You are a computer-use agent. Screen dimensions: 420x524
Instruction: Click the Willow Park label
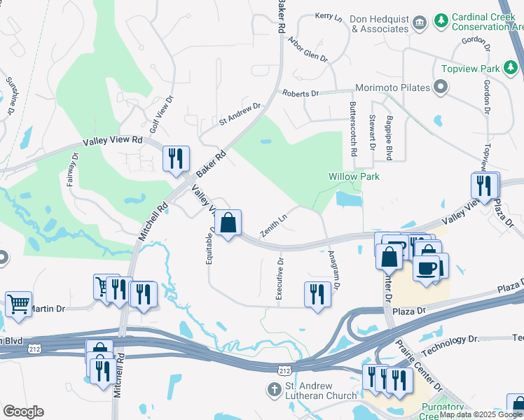point(354,176)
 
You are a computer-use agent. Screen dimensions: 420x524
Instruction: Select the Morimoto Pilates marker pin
point(441,88)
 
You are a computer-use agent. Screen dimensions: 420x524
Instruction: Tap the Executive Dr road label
point(280,280)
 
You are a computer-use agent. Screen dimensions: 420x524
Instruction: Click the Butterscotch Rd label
point(354,128)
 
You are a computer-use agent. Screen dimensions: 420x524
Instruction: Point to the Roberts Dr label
point(300,93)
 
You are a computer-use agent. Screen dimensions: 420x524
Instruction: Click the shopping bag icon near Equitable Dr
point(228,223)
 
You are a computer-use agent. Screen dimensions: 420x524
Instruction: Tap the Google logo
point(23,412)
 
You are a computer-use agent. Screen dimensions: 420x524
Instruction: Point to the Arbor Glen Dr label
point(308,50)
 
